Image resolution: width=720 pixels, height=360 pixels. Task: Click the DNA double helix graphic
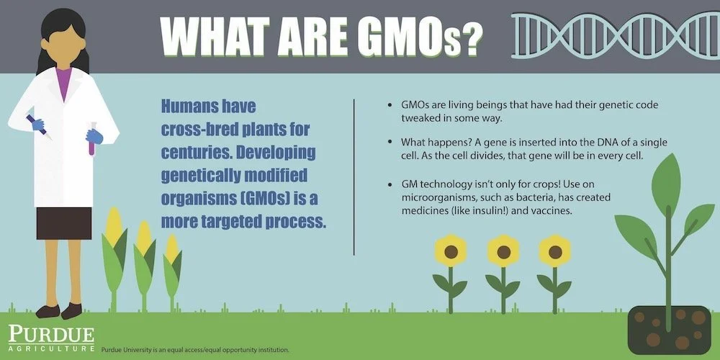point(612,35)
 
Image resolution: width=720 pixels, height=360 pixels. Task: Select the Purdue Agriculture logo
point(50,338)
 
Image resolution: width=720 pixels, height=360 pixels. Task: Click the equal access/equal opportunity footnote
point(195,350)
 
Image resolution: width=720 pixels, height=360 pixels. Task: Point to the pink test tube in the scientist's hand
point(91,140)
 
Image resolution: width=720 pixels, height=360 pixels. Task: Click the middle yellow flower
point(503,251)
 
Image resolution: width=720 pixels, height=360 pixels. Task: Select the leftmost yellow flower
point(451,251)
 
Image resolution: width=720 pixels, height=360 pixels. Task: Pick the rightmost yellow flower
point(554,251)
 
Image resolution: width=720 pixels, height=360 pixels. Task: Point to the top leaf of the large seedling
point(666,181)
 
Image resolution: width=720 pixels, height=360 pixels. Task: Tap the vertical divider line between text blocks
point(354,176)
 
